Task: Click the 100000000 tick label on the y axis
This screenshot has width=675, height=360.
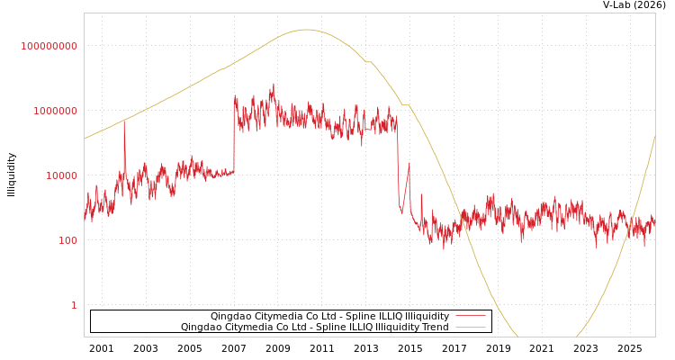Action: coord(49,46)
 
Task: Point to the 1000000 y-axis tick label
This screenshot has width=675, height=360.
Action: coord(56,111)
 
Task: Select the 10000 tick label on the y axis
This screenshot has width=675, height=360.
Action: coord(62,175)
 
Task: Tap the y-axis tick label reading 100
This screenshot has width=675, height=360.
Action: coord(68,240)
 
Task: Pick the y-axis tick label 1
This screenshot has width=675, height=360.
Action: coord(74,305)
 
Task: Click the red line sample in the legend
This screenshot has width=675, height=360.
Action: coord(471,317)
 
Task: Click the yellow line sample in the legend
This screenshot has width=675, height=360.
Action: coord(471,328)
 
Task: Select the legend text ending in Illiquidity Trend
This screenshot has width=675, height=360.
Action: coord(314,328)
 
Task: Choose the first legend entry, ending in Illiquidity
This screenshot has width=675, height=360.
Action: coord(329,317)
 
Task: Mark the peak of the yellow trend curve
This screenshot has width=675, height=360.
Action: coord(306,30)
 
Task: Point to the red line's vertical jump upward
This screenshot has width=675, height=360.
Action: coord(234,135)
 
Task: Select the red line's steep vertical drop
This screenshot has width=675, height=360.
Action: coord(398,162)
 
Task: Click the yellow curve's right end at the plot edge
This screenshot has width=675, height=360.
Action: coord(654,137)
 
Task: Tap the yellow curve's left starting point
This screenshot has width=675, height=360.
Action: coord(85,139)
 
